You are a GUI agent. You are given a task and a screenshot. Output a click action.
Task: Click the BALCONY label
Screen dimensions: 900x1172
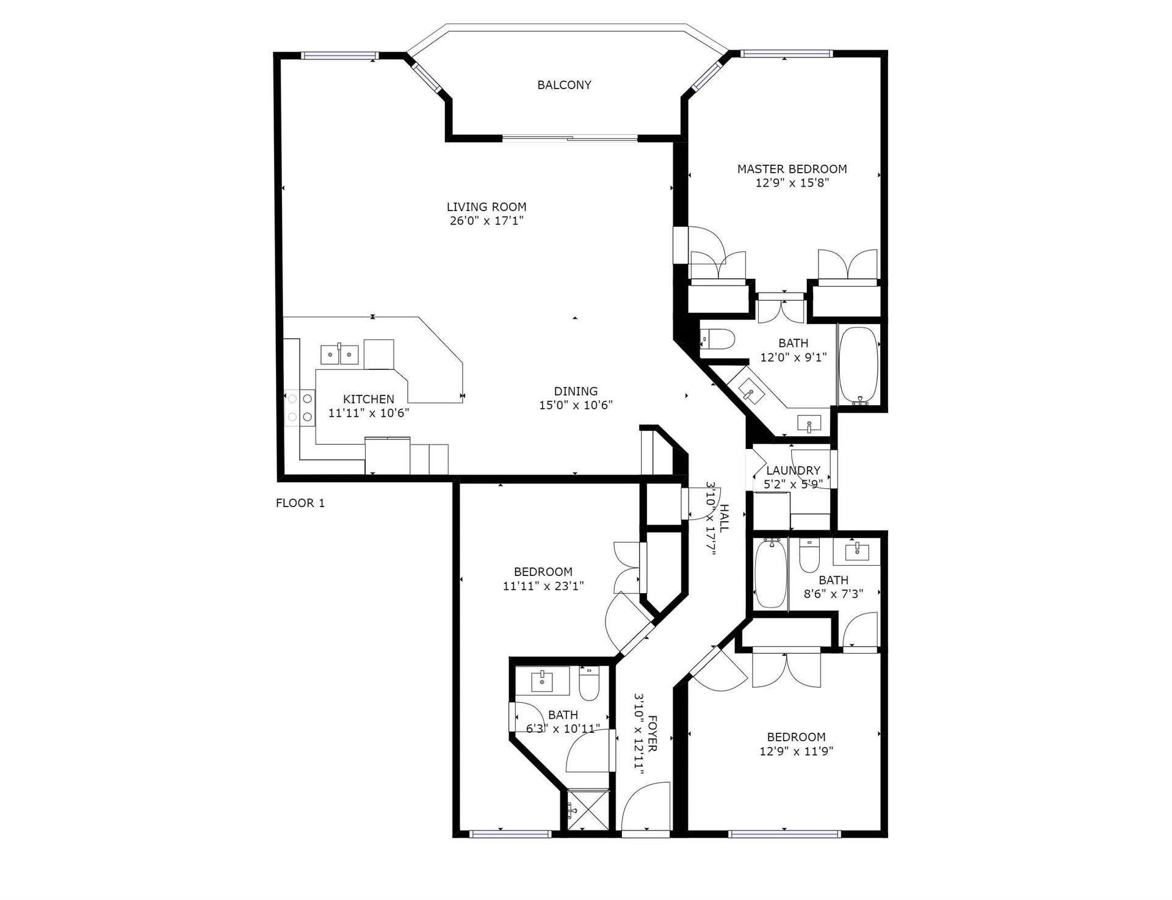click(564, 85)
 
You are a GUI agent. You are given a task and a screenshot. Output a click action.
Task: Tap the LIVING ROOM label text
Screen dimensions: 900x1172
click(486, 207)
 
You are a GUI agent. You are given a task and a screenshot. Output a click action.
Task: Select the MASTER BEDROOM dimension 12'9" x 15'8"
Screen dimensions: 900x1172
click(792, 182)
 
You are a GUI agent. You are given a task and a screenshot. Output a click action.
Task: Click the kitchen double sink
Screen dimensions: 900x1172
click(339, 354)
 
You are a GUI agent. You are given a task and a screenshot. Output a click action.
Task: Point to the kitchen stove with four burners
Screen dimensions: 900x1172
click(300, 408)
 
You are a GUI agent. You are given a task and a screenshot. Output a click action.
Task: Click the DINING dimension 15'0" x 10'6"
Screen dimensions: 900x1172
click(576, 405)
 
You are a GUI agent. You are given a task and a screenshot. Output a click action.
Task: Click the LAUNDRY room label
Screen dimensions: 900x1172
click(793, 470)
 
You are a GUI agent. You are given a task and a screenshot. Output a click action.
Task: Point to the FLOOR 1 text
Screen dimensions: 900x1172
click(300, 503)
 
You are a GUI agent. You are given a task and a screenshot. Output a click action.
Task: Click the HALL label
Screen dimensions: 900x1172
click(724, 518)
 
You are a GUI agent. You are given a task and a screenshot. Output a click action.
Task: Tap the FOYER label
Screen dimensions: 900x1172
click(652, 733)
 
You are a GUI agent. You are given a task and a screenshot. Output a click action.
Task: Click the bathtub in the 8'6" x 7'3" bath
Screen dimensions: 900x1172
click(770, 573)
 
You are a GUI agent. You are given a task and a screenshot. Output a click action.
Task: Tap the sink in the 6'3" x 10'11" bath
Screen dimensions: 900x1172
click(542, 680)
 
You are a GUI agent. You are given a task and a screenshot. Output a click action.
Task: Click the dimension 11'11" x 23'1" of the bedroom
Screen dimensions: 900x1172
click(543, 586)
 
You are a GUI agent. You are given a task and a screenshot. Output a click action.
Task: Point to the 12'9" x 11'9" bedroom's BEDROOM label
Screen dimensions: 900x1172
click(796, 736)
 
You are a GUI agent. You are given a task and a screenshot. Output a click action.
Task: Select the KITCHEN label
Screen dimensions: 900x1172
click(368, 399)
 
